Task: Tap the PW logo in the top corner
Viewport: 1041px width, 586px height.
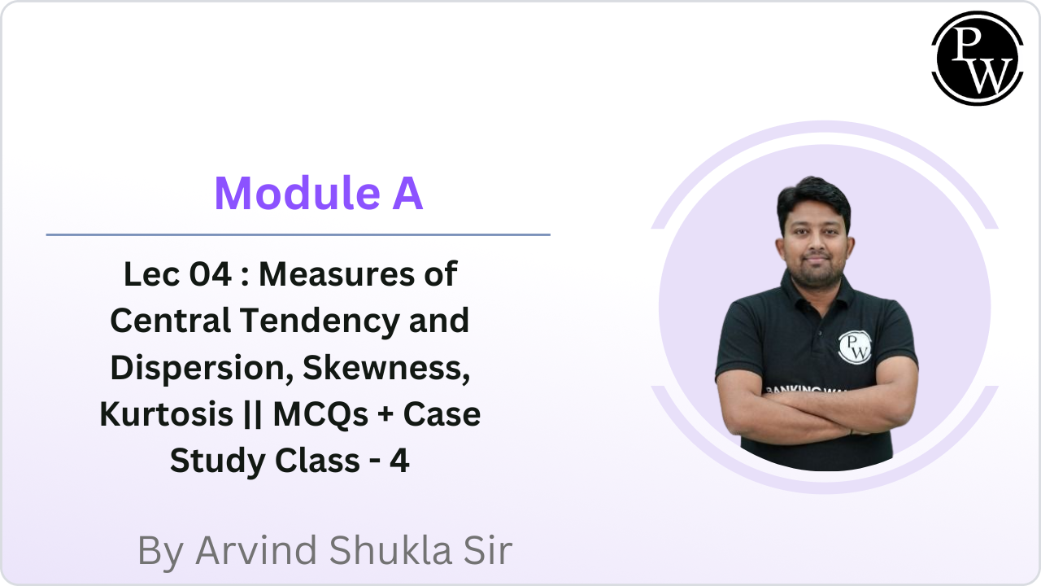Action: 977,58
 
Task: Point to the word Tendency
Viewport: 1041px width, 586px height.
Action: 320,321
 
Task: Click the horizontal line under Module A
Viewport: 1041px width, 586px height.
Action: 298,234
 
